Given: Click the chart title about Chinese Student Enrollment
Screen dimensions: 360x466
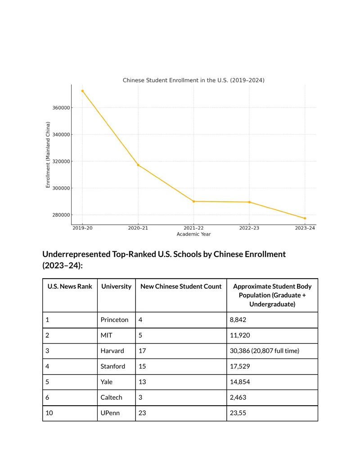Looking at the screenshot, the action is click(x=193, y=80).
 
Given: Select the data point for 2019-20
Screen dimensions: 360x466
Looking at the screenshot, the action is click(x=82, y=91).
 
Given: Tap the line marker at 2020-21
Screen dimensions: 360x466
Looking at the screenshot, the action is click(x=138, y=165).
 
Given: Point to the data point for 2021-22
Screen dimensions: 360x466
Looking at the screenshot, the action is click(x=193, y=202).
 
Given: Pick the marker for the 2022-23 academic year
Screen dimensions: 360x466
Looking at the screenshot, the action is click(x=249, y=202).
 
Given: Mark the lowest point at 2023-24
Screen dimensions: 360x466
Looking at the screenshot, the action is click(x=305, y=218).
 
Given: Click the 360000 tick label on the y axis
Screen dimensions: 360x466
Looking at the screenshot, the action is click(x=61, y=108).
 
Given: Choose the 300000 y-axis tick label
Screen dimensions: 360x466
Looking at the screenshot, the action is click(x=61, y=188).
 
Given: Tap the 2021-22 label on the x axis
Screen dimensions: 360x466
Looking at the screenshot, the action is click(x=193, y=228).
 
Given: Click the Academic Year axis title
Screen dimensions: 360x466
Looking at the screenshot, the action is click(x=193, y=234).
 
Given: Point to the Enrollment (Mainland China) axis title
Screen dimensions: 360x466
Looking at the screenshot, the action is click(x=48, y=154).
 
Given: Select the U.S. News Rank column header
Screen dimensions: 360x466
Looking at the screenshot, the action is click(x=70, y=286).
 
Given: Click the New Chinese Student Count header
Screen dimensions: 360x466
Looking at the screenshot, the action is click(x=181, y=286).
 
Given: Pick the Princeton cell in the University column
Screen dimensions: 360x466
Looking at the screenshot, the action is click(x=114, y=320).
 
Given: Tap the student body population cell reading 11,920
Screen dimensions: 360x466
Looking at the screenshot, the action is click(x=240, y=335).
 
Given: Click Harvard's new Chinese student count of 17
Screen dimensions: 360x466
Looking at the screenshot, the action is click(x=142, y=351).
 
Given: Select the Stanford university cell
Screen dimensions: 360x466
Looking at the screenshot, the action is click(x=113, y=366).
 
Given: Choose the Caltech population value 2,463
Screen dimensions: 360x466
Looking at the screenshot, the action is click(x=238, y=398).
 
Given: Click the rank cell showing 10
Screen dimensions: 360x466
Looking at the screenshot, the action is click(x=49, y=413).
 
